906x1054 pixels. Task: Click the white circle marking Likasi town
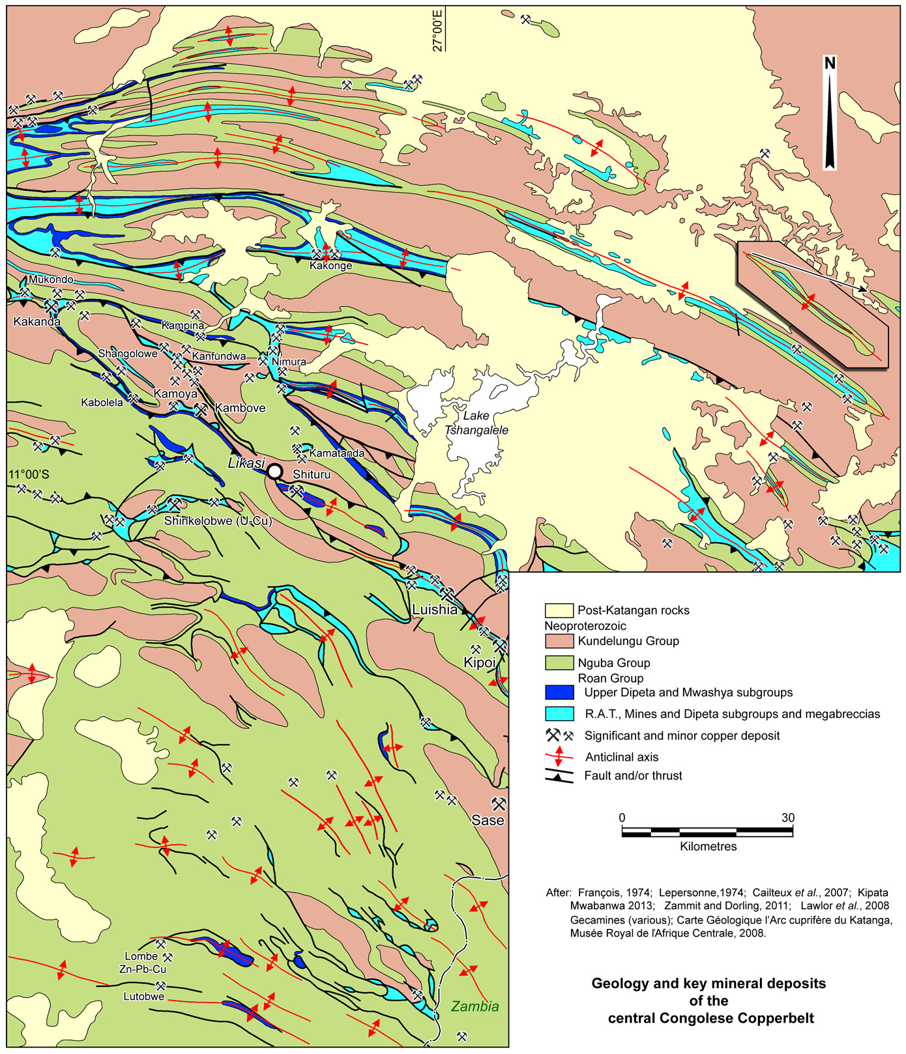click(x=275, y=471)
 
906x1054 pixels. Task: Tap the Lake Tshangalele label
click(x=476, y=423)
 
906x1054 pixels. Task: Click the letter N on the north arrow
click(x=830, y=63)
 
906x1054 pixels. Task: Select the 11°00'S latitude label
click(x=29, y=474)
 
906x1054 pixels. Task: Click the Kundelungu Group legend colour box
click(x=559, y=641)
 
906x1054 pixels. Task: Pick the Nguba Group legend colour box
click(x=559, y=662)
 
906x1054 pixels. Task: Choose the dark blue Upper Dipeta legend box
click(x=559, y=692)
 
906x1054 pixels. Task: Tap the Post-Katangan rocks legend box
click(x=559, y=610)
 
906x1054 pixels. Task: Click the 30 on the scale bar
click(x=788, y=818)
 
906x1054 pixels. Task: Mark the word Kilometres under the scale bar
click(x=708, y=847)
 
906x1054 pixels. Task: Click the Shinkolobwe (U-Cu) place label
click(x=218, y=520)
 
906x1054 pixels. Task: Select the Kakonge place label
click(x=330, y=265)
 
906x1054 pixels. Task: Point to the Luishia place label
click(x=435, y=610)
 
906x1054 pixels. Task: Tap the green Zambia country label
click(x=475, y=1006)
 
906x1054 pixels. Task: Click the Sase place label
click(x=488, y=820)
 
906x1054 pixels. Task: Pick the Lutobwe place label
click(x=143, y=997)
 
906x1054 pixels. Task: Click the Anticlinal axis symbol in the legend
click(x=559, y=757)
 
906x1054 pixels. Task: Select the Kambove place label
click(x=240, y=408)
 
